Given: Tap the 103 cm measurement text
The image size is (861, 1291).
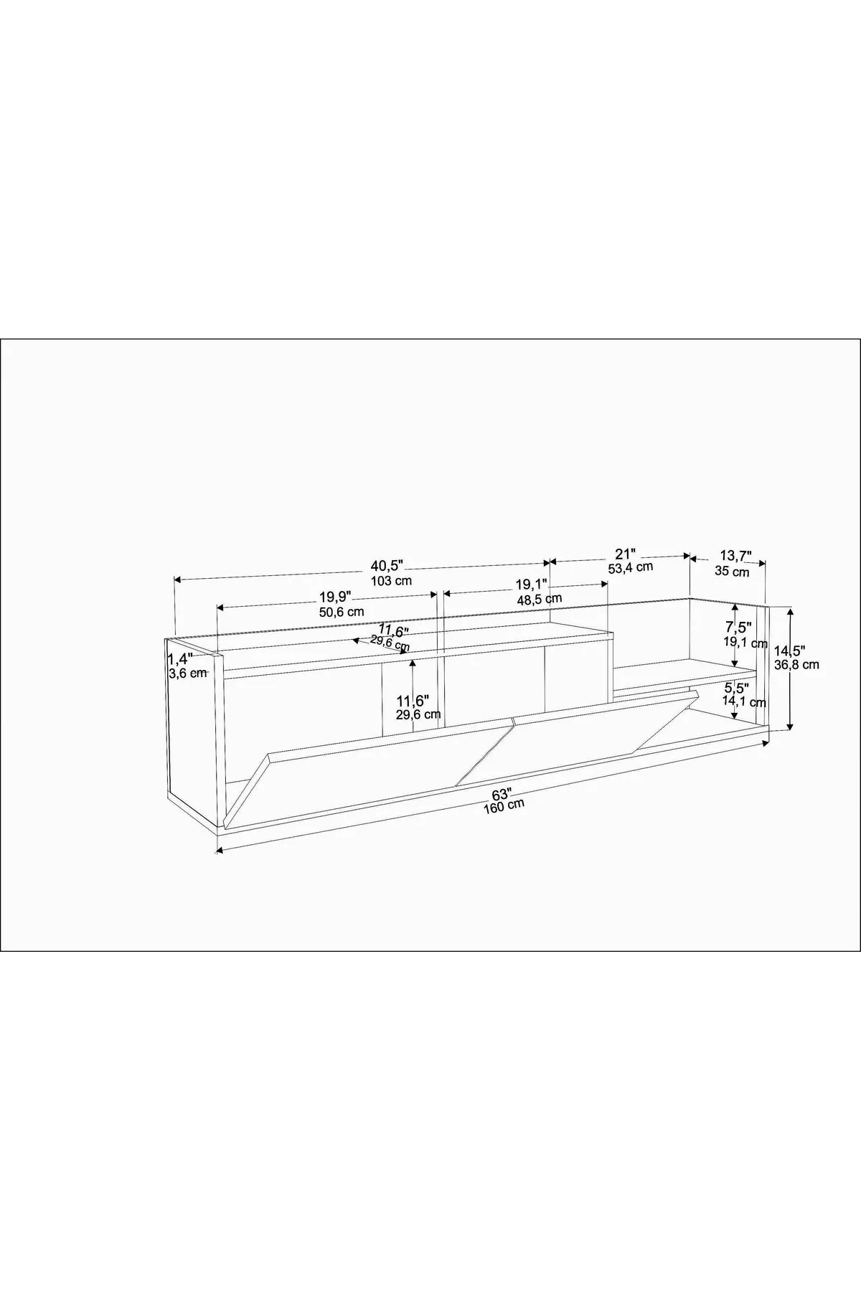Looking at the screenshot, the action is [x=391, y=581].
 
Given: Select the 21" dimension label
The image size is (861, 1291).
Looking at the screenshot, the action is [x=626, y=554].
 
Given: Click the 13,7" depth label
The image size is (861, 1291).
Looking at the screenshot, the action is [x=735, y=556].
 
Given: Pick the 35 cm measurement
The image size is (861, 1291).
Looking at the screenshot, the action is [x=732, y=572].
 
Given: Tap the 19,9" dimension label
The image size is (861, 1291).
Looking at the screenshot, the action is [x=335, y=597].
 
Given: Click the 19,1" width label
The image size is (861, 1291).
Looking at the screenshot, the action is [x=532, y=584].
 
